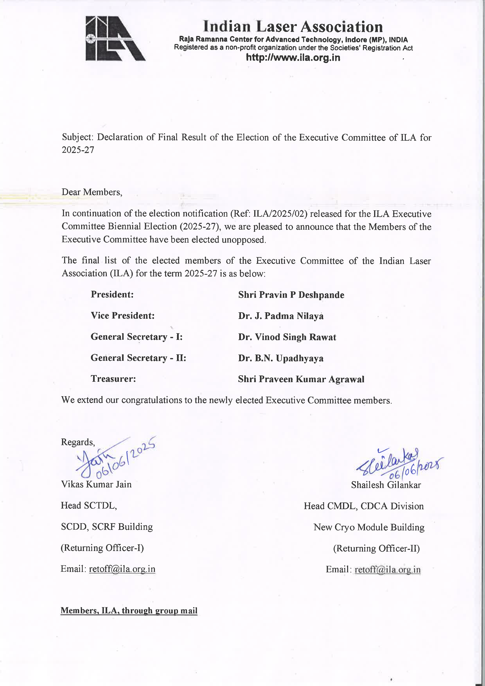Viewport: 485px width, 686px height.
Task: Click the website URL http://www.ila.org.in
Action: (293, 57)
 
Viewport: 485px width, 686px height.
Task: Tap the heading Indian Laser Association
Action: (293, 27)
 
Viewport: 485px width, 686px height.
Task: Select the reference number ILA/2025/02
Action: (280, 214)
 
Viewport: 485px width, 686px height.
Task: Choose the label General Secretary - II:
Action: (138, 358)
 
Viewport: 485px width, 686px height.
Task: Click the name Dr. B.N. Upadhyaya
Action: (280, 358)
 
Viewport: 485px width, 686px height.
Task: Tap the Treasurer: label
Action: (113, 379)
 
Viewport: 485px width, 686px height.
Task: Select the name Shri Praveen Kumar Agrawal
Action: (301, 379)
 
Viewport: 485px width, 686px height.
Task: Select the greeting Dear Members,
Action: (92, 192)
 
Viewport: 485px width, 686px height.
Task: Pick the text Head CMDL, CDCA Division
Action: (363, 506)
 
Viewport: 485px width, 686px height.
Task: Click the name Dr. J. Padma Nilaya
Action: (280, 316)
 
